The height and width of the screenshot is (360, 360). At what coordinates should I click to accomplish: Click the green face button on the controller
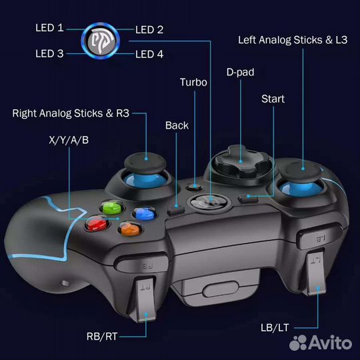(112, 207)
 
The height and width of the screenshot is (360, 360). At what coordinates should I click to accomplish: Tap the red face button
(97, 223)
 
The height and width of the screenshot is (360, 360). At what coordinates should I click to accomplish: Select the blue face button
(145, 213)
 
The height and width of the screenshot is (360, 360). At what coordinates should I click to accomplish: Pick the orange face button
(130, 229)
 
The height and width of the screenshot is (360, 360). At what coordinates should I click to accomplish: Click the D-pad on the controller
(241, 161)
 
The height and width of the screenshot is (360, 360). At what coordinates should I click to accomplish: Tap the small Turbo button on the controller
(194, 187)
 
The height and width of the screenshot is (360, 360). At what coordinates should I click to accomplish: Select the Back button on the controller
(176, 209)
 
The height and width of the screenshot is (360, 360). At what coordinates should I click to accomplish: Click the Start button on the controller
(248, 198)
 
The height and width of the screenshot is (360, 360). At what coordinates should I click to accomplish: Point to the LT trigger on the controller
(315, 273)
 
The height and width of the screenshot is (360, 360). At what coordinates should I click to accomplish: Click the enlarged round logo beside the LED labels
(101, 41)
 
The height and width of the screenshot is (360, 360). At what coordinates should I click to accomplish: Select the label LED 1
(49, 28)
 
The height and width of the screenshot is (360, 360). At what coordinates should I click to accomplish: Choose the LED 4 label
(149, 55)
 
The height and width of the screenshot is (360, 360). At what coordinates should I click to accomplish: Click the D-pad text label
(241, 72)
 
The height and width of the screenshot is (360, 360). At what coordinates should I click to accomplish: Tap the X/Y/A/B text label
(69, 140)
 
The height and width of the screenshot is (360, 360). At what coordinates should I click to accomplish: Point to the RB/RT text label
(102, 337)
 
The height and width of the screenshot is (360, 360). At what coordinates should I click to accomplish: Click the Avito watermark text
(331, 343)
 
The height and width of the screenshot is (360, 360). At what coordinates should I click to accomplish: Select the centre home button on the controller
(209, 202)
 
